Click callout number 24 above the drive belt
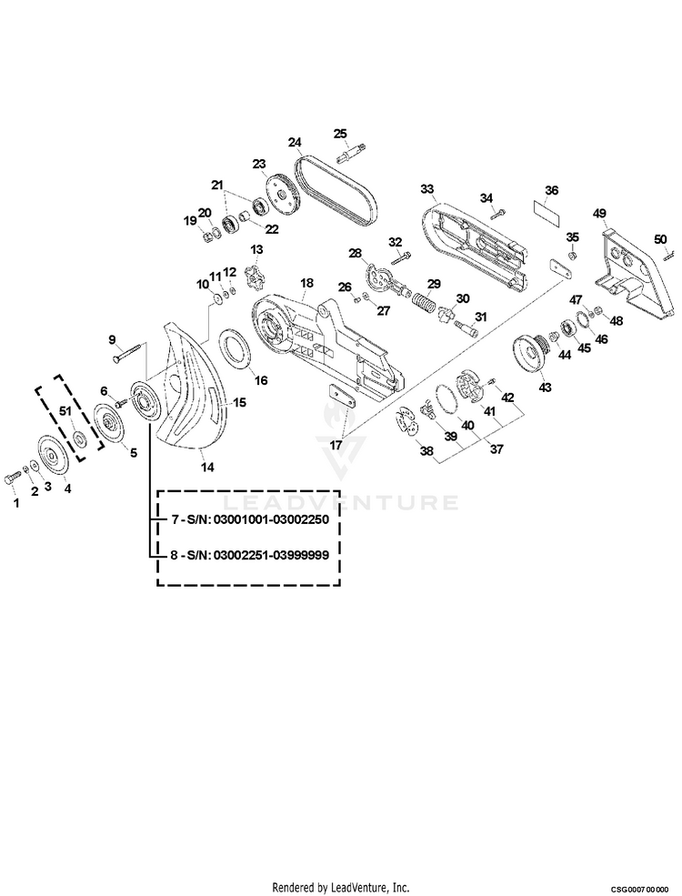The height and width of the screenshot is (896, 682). (x=295, y=143)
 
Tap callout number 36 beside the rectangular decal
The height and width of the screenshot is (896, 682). (x=551, y=192)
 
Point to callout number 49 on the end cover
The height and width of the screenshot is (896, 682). (x=599, y=214)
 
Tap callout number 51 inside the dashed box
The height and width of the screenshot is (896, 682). (x=65, y=412)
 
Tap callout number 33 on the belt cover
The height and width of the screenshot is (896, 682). (x=426, y=189)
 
